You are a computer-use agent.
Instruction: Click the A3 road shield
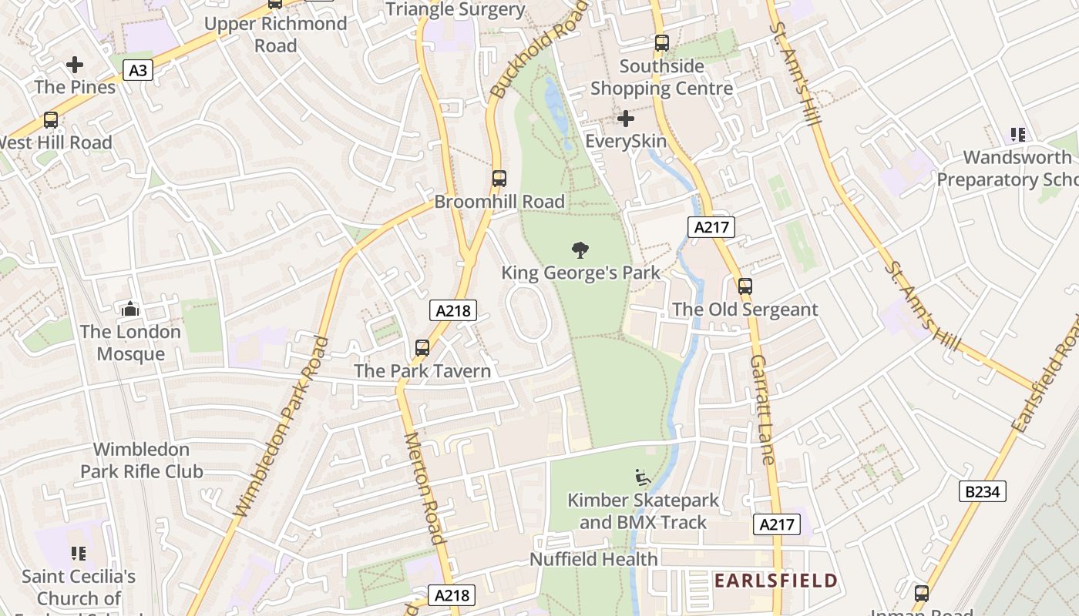(137, 71)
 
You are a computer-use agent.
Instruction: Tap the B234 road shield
(983, 491)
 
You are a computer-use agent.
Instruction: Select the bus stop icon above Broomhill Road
(499, 179)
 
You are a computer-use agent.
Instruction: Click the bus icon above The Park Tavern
(422, 348)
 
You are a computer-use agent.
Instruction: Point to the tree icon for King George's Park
(580, 249)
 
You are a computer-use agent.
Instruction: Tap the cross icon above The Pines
(75, 64)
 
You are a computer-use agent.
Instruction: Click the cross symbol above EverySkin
(626, 119)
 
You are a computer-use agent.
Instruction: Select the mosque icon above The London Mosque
(130, 309)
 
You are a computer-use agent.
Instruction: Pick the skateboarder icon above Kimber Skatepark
(642, 477)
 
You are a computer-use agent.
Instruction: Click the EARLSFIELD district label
(775, 581)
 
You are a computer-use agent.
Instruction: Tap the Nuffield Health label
(593, 559)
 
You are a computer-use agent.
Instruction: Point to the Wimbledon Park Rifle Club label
(142, 460)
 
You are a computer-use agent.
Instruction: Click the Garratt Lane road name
(761, 410)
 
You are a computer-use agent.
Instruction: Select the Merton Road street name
(425, 488)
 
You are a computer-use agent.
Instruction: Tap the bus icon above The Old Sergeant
(745, 286)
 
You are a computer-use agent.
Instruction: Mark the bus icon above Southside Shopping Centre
(661, 43)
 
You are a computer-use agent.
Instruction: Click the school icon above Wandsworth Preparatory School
(1018, 135)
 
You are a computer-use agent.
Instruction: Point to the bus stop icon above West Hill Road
(51, 120)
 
